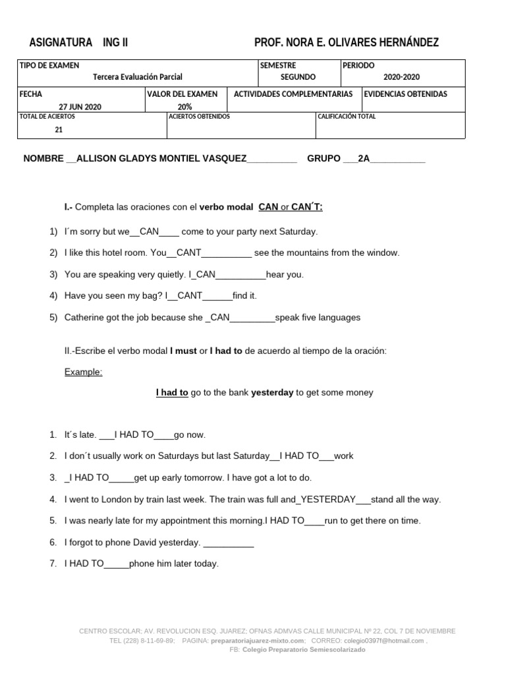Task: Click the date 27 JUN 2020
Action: (80, 107)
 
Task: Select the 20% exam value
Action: (185, 107)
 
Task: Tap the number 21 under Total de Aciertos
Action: (59, 130)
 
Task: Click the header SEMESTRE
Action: (278, 65)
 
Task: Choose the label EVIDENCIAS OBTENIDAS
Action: (405, 94)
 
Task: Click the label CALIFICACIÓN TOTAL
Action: (347, 117)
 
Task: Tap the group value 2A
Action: (364, 159)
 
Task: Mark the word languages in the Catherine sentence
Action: (339, 317)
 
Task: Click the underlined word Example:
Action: (83, 372)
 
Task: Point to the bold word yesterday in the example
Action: (272, 392)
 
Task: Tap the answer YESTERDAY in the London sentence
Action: (328, 499)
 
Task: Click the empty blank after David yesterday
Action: (229, 543)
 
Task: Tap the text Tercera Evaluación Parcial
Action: (138, 77)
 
